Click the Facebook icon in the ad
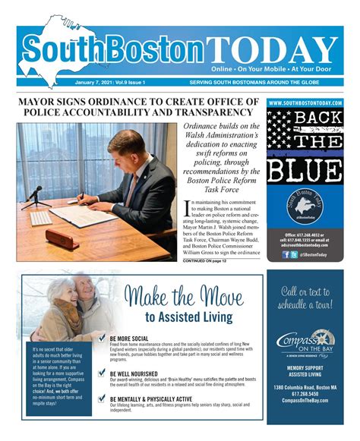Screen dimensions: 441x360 pyautogui.click(x=286, y=254)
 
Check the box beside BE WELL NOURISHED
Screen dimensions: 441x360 pyautogui.click(x=102, y=376)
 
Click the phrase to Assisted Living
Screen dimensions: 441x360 pyautogui.click(x=187, y=317)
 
